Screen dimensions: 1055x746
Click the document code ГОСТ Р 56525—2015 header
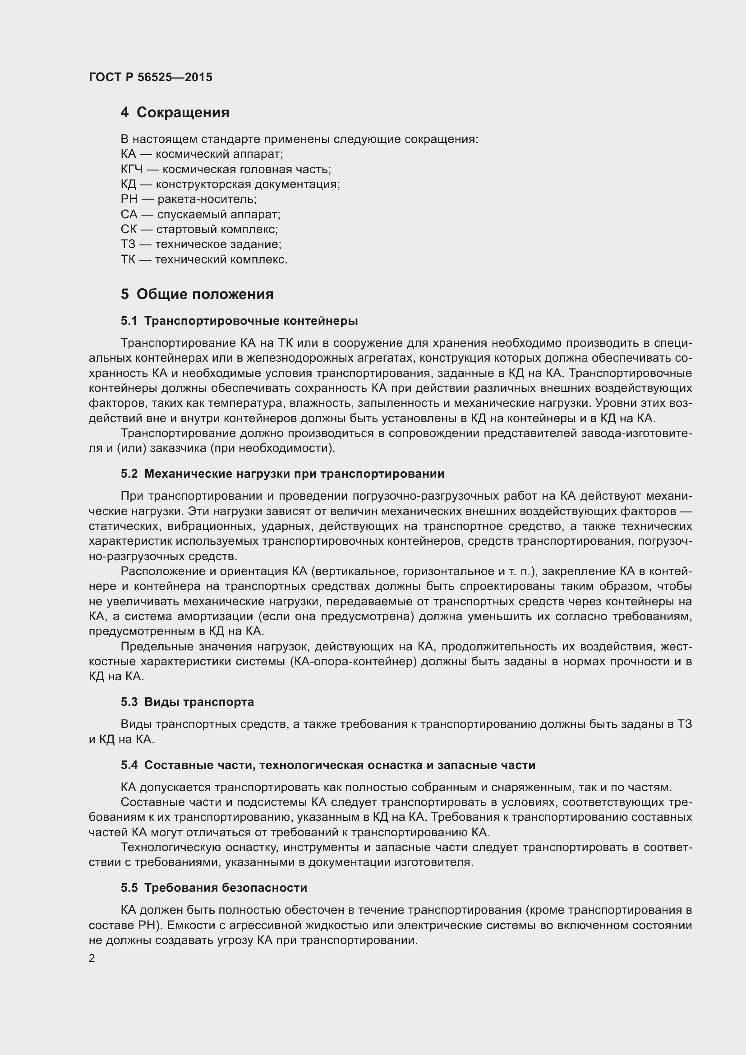150,77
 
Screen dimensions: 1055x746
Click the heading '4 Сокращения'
175,113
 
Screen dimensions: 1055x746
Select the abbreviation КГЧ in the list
132,170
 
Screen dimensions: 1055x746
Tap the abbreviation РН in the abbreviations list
129,199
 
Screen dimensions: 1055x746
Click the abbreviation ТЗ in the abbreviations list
128,244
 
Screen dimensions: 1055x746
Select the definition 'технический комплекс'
221,260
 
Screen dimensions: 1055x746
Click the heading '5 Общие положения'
197,294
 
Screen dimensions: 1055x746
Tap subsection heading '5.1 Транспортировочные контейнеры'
239,321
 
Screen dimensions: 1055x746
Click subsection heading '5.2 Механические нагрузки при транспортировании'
282,474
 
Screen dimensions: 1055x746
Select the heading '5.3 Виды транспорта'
188,702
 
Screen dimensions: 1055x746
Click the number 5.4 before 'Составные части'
129,765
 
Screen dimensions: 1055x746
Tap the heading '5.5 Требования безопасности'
214,888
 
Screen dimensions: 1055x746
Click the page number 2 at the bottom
92,958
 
